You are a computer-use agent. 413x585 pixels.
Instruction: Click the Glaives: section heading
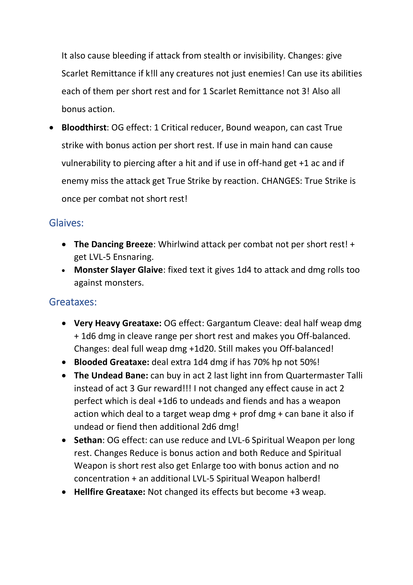(66, 223)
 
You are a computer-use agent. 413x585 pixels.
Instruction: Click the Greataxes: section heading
(73, 302)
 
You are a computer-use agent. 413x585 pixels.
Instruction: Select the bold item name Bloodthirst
(84, 127)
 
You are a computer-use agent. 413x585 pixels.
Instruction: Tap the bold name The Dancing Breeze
(113, 244)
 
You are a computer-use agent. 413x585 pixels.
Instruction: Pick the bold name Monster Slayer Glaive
(118, 270)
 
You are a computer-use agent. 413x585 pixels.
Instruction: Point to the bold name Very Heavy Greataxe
(118, 323)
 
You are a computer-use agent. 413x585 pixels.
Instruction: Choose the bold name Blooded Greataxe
(111, 362)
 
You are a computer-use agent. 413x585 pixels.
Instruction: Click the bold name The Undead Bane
(111, 375)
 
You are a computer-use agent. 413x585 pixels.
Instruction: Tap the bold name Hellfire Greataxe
(109, 492)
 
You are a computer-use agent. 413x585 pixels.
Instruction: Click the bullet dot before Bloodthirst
(52, 128)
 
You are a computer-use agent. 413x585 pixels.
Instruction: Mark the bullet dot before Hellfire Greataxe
(64, 492)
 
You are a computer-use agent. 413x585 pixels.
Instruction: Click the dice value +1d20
(203, 349)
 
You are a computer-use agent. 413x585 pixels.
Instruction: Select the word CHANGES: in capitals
(281, 181)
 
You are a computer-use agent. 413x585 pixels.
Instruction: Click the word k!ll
(152, 73)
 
